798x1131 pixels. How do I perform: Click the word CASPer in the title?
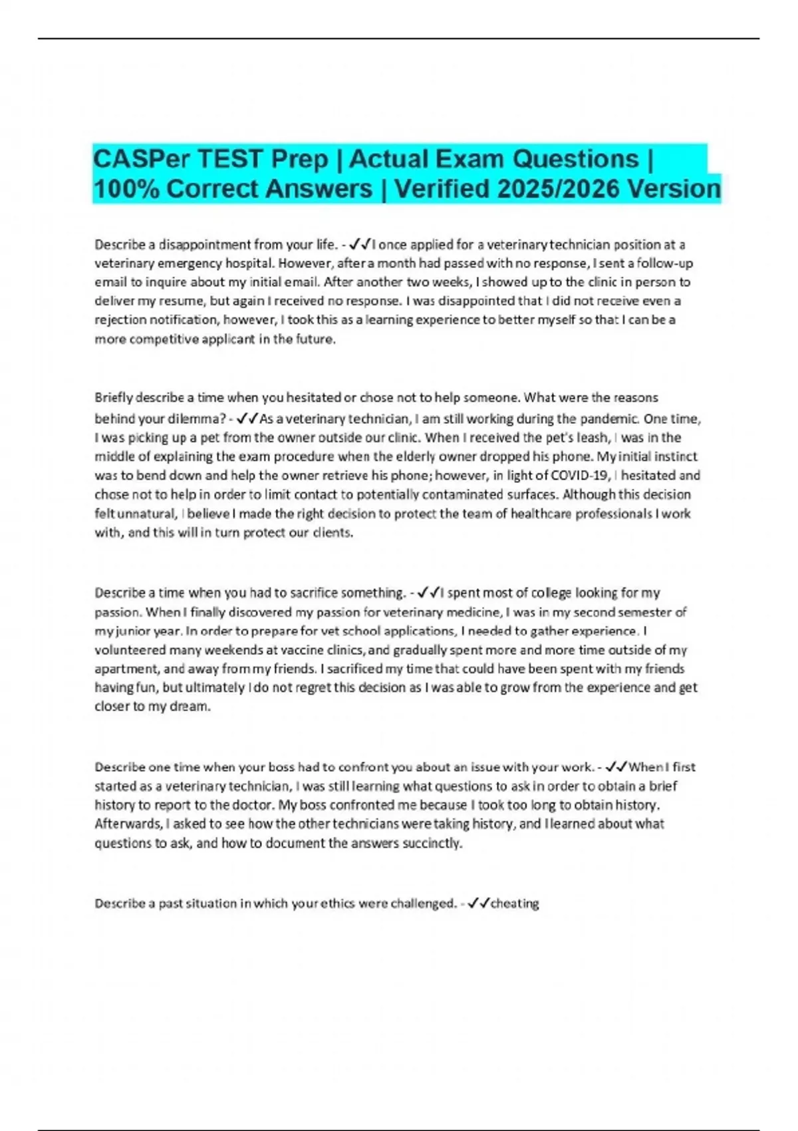[132, 160]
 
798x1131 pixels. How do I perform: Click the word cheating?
[515, 903]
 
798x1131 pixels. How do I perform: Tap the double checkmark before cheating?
[479, 903]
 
